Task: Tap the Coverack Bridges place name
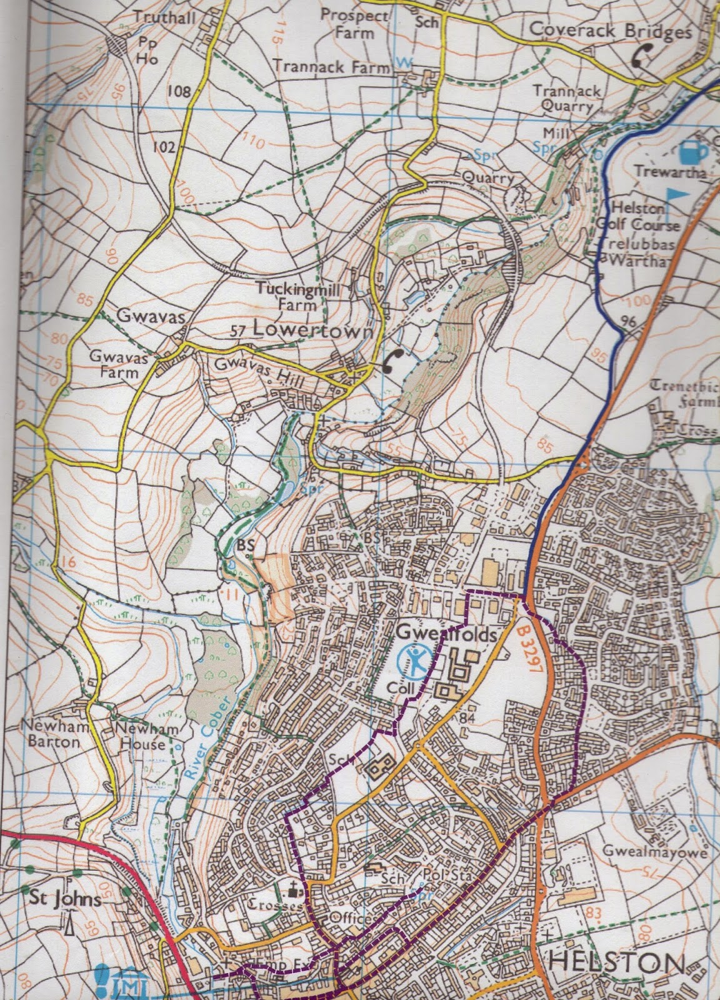[609, 29]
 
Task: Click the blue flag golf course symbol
[677, 196]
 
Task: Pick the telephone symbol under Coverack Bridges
[639, 57]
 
